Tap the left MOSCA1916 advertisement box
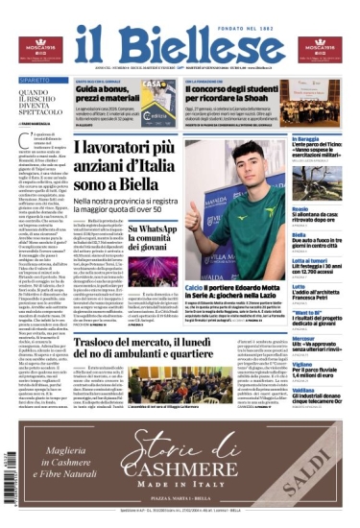click(x=39, y=48)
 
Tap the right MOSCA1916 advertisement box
click(x=321, y=48)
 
